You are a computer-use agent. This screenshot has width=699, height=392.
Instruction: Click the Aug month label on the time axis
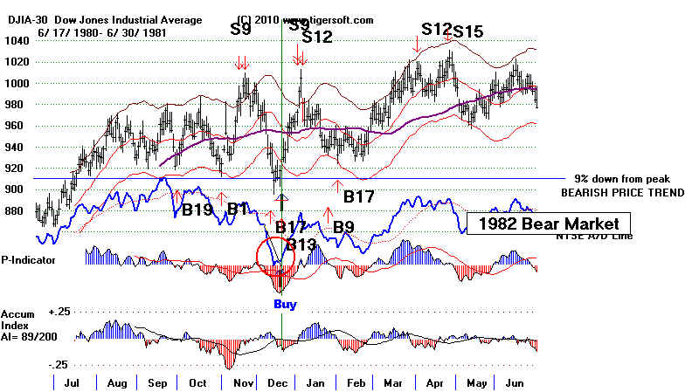[116, 382]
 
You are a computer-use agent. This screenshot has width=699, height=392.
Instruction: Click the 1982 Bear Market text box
[548, 224]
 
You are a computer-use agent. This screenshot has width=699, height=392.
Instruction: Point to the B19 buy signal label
[197, 210]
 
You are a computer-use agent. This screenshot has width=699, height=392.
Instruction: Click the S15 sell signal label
[468, 31]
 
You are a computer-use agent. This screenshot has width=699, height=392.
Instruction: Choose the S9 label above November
[242, 29]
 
